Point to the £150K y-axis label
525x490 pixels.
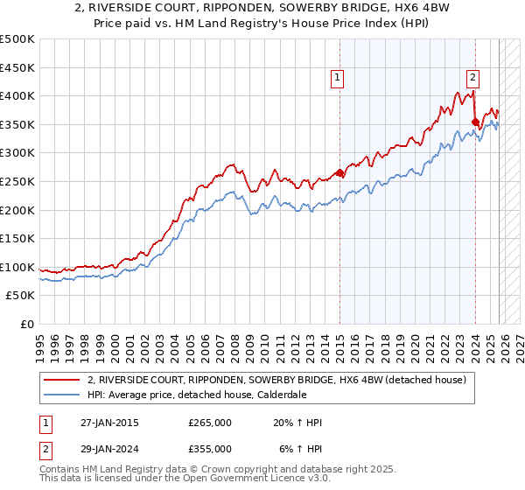tap(17, 239)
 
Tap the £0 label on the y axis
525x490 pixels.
tap(26, 325)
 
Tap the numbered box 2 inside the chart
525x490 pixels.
tap(472, 77)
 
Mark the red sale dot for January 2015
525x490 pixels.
tap(339, 173)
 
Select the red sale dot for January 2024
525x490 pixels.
tap(475, 122)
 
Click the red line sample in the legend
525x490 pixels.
tap(63, 380)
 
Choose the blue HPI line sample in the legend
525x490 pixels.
tap(63, 394)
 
